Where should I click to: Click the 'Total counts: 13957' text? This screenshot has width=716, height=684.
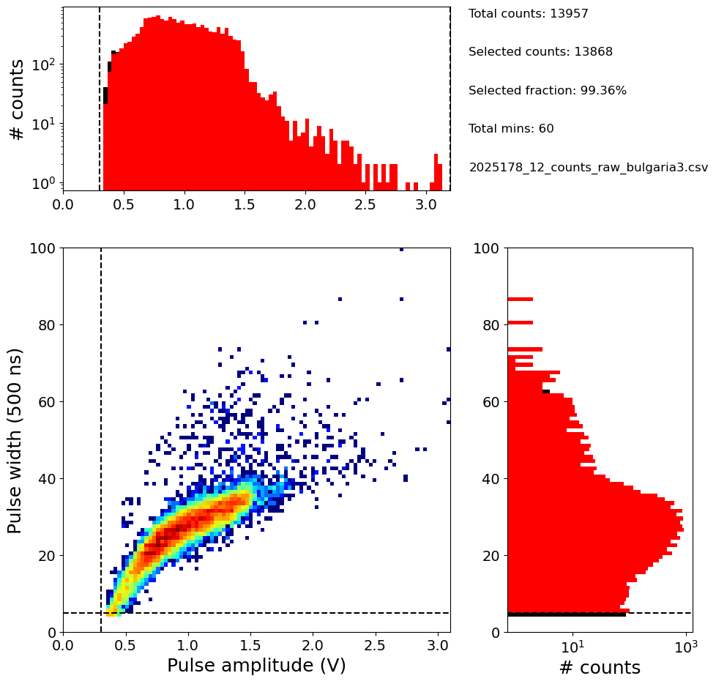click(518, 14)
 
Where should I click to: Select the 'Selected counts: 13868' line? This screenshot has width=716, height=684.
click(540, 52)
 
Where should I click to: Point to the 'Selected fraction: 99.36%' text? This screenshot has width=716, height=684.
click(547, 91)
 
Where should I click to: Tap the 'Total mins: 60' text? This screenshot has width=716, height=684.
click(511, 129)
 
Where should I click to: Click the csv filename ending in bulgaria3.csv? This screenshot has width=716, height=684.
click(588, 167)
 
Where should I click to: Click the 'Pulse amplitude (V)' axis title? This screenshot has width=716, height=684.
click(256, 666)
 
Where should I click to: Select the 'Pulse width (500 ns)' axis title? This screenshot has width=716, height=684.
click(15, 440)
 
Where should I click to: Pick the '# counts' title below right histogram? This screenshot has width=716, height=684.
click(600, 668)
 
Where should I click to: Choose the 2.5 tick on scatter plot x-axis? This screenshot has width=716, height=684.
click(376, 647)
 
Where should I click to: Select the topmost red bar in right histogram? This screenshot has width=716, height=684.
click(520, 299)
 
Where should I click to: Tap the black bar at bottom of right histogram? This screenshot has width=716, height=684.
click(566, 614)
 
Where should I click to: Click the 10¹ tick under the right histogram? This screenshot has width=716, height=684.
click(573, 648)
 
